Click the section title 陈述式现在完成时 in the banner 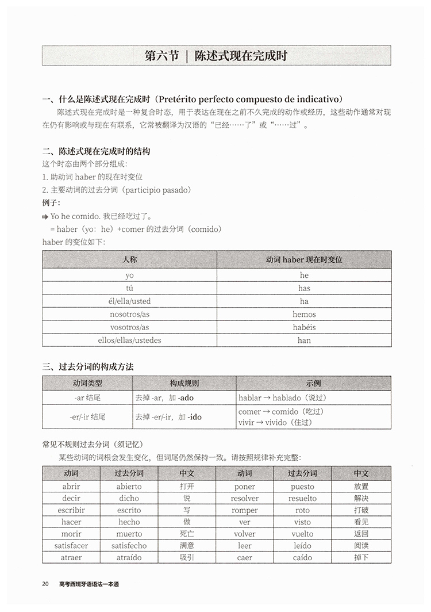click(x=241, y=56)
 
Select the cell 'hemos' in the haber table click(x=304, y=315)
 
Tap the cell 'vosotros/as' click(x=129, y=327)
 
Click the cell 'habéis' click(x=304, y=327)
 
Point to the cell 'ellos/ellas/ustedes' click(x=129, y=340)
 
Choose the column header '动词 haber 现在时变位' click(x=304, y=259)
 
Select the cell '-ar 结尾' click(x=87, y=397)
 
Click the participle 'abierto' click(x=129, y=486)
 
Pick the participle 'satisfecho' click(x=129, y=545)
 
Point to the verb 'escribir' click(x=71, y=510)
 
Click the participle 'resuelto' click(x=302, y=498)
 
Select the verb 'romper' click(x=245, y=510)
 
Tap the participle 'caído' click(x=302, y=557)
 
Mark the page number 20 click(x=45, y=584)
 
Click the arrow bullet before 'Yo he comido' click(x=45, y=217)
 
